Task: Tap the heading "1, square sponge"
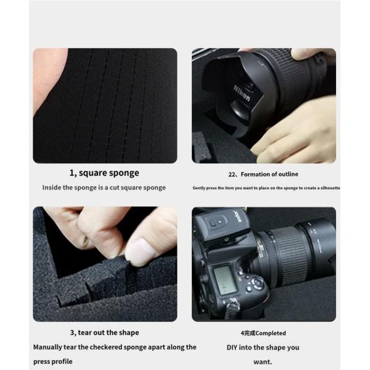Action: coord(104,173)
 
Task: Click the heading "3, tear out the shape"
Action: coord(104,332)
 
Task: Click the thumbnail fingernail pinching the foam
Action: coord(141,251)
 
